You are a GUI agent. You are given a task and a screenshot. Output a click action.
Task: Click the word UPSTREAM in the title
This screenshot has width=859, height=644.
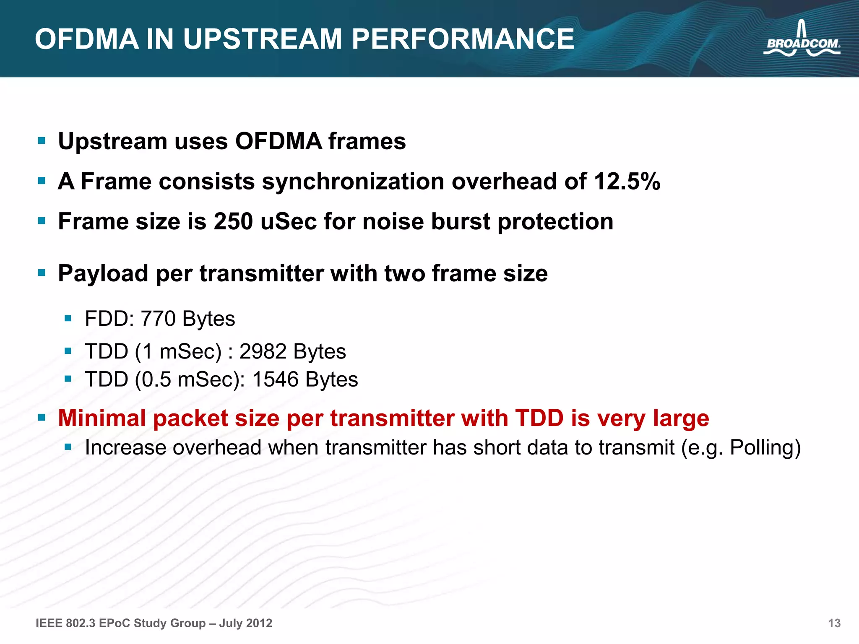click(263, 39)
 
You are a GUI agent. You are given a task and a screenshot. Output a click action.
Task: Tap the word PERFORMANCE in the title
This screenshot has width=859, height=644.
click(463, 39)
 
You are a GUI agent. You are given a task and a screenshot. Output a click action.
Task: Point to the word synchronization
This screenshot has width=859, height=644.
click(353, 182)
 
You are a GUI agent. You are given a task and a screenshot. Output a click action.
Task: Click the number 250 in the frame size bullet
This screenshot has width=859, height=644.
click(233, 221)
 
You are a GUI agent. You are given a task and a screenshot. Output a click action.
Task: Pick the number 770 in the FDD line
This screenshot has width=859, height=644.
click(158, 319)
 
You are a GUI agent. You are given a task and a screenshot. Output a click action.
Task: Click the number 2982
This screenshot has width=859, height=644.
click(263, 351)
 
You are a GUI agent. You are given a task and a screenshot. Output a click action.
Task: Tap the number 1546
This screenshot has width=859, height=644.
click(276, 379)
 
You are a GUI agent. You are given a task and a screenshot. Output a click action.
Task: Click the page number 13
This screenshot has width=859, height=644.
click(834, 623)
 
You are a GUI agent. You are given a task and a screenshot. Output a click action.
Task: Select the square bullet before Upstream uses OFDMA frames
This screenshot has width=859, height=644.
click(42, 140)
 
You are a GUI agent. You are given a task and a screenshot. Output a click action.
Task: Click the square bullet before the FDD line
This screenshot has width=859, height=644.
click(68, 318)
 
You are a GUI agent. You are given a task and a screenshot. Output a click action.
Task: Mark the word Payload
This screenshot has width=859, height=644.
click(103, 273)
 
